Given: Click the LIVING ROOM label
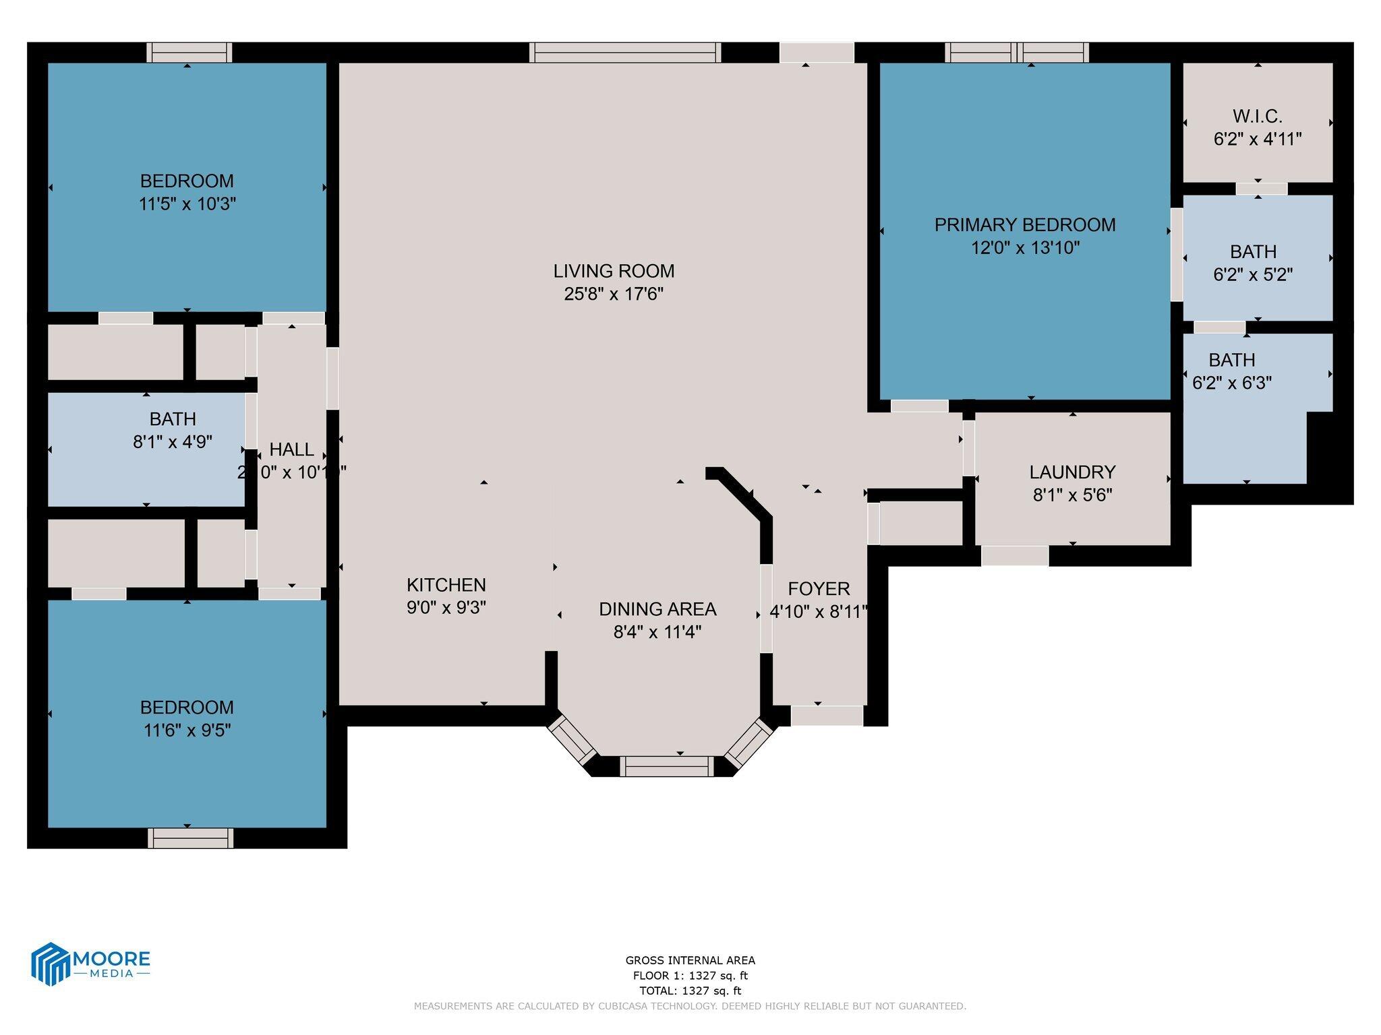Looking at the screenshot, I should (x=614, y=271).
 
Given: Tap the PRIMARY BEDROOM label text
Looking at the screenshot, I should (x=1024, y=225).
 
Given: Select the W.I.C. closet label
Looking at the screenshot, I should (x=1257, y=117).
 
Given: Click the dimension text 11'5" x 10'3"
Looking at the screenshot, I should (x=187, y=204).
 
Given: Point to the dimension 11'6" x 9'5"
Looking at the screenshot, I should (x=187, y=730).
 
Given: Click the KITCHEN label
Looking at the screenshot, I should (x=446, y=585).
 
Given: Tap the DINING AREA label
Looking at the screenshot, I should (x=657, y=609).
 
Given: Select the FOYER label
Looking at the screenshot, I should (x=819, y=589).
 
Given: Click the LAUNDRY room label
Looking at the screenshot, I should (x=1072, y=472).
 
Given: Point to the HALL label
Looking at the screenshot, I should (x=291, y=449).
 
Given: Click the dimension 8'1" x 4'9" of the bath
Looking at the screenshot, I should (x=173, y=442).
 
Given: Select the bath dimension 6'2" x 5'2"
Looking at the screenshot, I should (x=1253, y=275).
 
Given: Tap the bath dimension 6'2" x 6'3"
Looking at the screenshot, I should (x=1232, y=383).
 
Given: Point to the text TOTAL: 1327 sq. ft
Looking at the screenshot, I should (x=690, y=991).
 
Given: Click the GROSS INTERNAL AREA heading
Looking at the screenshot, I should (x=690, y=960).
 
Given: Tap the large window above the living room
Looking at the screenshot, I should (x=624, y=53).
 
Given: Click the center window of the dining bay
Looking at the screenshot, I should (x=666, y=766).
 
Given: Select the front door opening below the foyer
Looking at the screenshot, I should (x=826, y=716).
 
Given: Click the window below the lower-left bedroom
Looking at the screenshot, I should (x=190, y=838).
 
